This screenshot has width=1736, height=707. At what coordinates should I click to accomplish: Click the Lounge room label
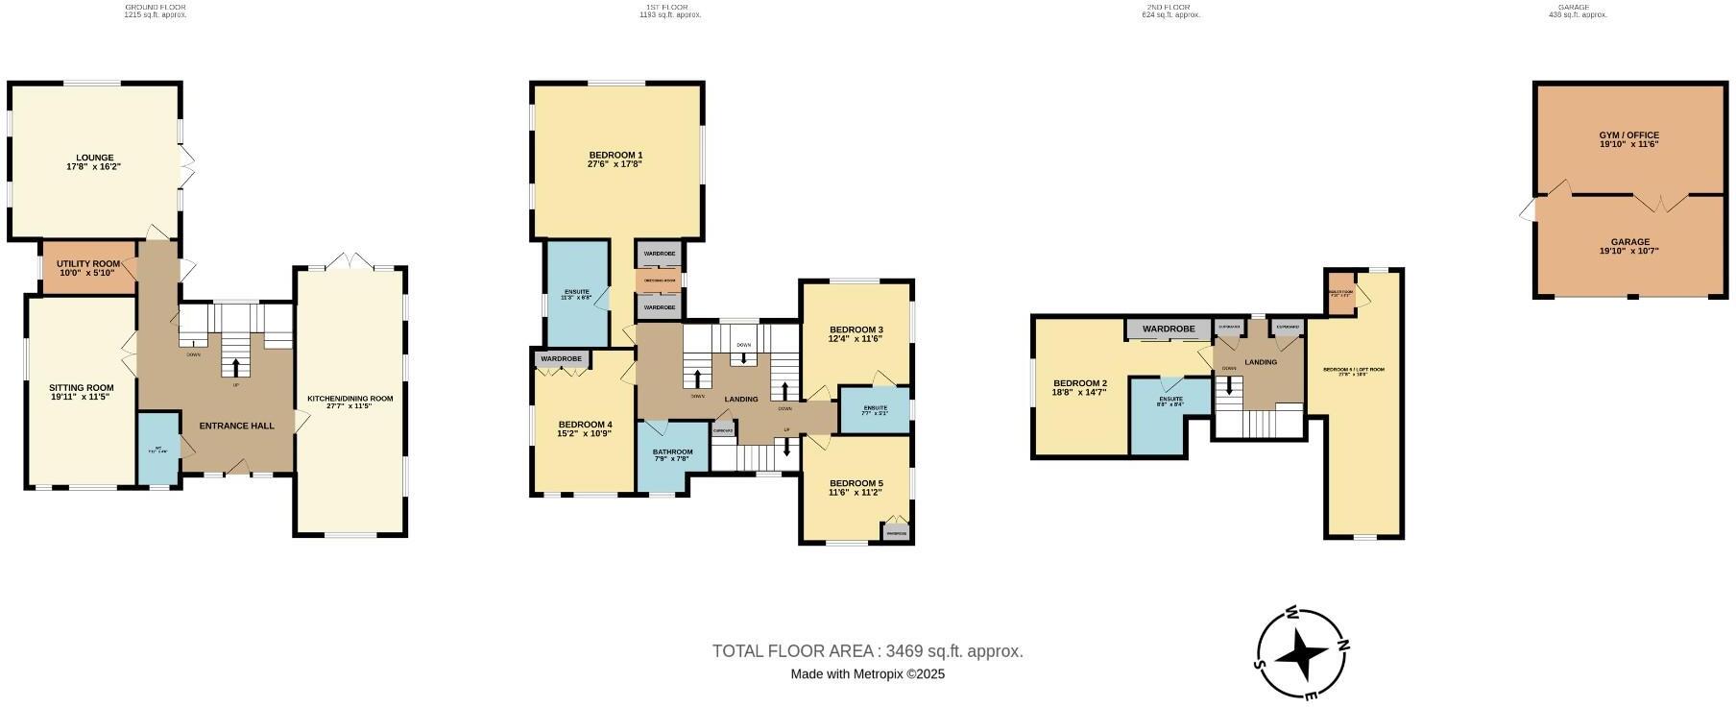click(95, 158)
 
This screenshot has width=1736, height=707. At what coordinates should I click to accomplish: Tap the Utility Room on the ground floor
click(88, 264)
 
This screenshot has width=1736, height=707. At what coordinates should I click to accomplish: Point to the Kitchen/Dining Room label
click(350, 399)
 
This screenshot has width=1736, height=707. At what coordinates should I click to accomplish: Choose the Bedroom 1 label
click(615, 156)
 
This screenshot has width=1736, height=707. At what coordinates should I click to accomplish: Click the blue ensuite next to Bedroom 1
click(576, 294)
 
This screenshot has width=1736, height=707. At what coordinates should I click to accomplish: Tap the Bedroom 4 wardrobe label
click(562, 359)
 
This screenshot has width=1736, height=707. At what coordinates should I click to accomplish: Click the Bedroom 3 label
click(856, 329)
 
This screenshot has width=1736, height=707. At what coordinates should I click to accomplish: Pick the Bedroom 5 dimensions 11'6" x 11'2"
click(856, 493)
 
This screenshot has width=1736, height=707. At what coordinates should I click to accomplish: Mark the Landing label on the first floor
click(740, 400)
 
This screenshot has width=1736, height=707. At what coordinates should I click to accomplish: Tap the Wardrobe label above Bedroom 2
click(1169, 329)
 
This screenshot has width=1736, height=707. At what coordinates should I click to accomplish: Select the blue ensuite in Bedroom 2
click(1169, 413)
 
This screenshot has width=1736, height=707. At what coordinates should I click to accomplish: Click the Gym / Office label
click(1629, 135)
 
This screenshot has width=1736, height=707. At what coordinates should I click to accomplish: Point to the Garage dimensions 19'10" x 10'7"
click(1629, 252)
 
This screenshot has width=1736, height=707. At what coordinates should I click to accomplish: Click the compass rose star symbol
click(1305, 653)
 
